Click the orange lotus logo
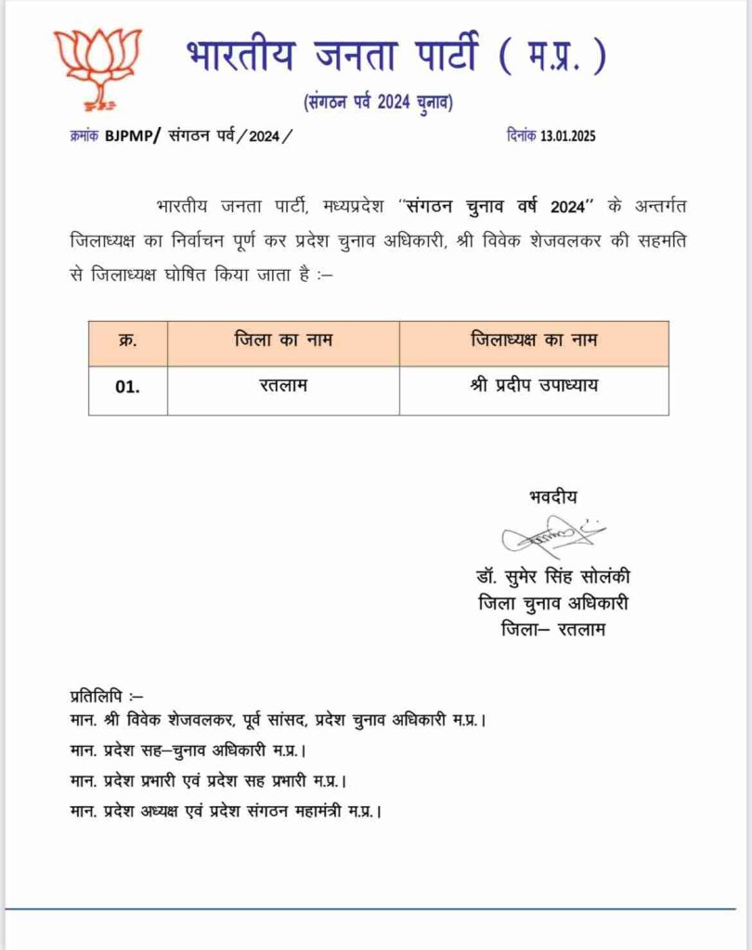point(97,67)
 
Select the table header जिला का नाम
point(283,340)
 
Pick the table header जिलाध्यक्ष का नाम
point(534,340)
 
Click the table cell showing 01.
point(128,388)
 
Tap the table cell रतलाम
point(283,386)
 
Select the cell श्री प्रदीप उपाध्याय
point(533,386)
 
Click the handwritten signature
point(552,536)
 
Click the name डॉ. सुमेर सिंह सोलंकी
point(551,577)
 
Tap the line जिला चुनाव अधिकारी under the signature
point(551,603)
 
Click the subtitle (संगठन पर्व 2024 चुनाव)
point(378,101)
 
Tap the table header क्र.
point(128,340)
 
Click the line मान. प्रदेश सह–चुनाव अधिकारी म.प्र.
point(189,750)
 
